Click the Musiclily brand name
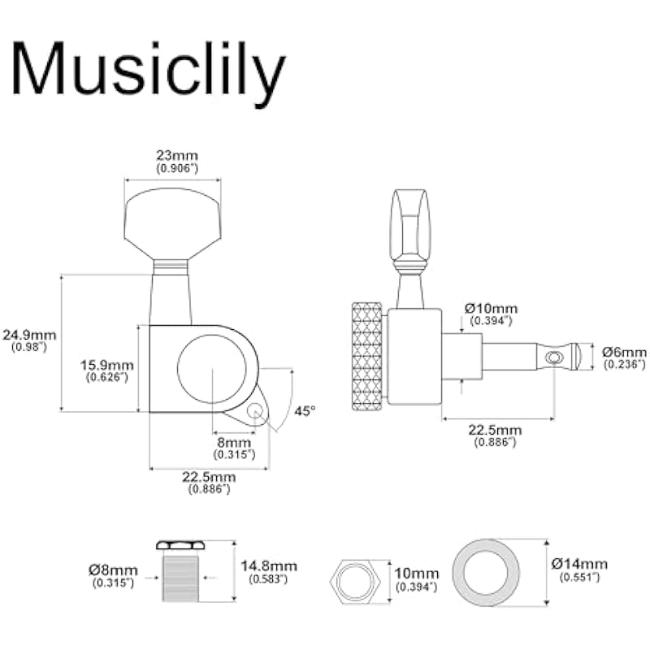[148, 71]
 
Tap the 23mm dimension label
[176, 155]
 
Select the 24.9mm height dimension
[29, 335]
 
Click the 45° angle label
[304, 411]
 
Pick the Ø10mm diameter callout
[491, 309]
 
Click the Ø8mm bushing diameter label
[114, 565]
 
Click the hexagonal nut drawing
[356, 579]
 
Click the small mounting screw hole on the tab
[255, 412]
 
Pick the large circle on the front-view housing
[211, 370]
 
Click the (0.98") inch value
[29, 347]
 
